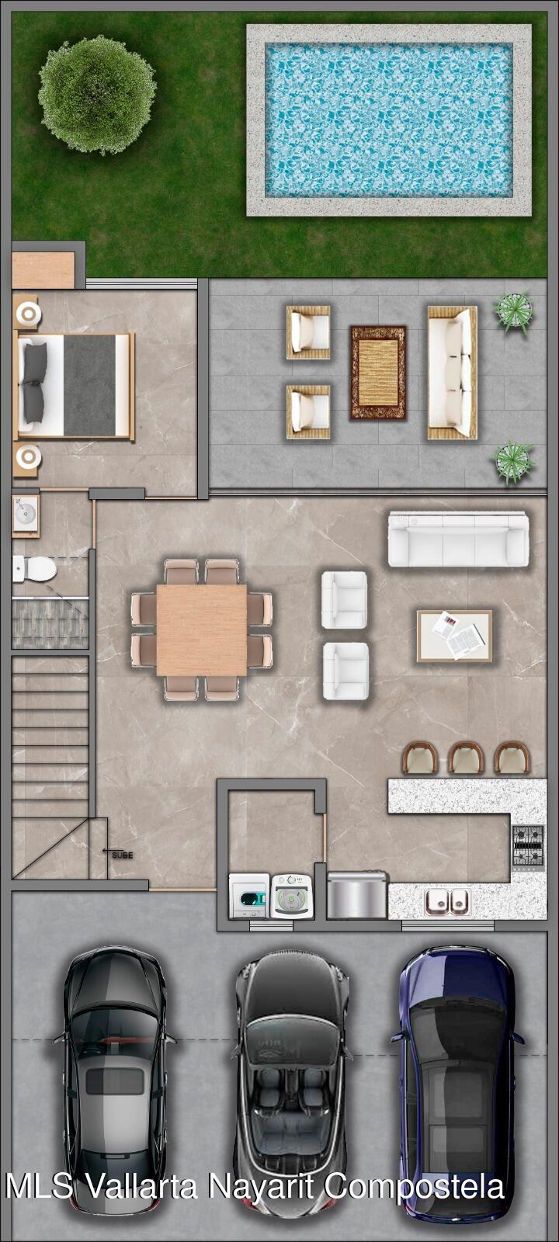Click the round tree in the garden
97,95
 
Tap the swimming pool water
389,120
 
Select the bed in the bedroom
75,387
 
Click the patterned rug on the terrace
378,373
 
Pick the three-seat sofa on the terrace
453,373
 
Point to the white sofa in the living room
458,539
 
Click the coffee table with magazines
455,636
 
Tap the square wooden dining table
202,630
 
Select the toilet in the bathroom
34,568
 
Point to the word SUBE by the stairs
123,855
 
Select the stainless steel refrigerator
357,896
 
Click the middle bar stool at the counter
466,758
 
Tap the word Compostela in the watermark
415,1185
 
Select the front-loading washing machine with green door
249,896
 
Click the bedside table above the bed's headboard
26,314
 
